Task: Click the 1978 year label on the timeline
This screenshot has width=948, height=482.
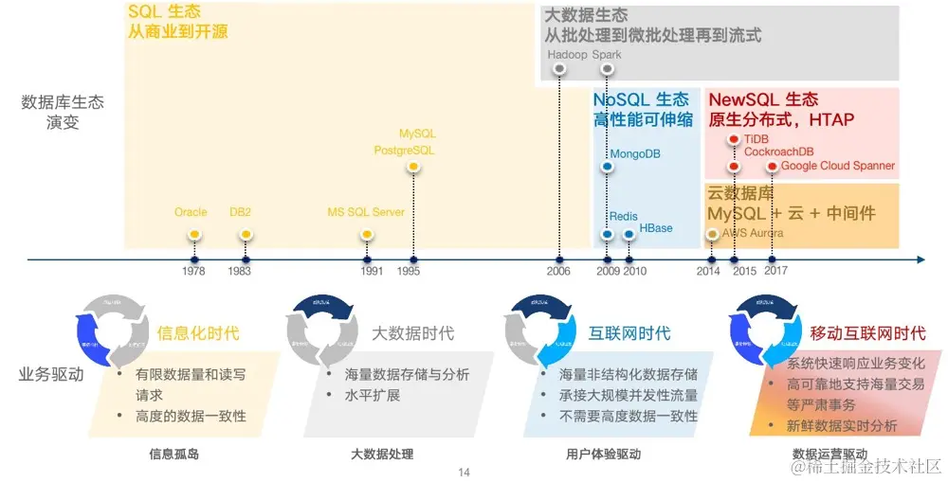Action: point(193,271)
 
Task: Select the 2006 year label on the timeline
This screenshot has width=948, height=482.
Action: point(558,271)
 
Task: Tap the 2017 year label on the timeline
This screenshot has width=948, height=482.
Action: point(775,271)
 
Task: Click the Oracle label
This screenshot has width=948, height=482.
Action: point(191,212)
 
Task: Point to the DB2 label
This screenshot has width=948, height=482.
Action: point(240,212)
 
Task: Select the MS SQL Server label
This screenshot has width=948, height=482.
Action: point(366,212)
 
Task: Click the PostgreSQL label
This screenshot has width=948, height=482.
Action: point(404,150)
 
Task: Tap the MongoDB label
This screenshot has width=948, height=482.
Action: point(634,153)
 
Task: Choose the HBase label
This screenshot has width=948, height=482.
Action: point(655,228)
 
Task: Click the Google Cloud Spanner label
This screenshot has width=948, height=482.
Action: point(838,166)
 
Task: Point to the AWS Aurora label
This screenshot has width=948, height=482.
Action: point(753,232)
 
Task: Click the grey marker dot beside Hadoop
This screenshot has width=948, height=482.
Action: point(558,70)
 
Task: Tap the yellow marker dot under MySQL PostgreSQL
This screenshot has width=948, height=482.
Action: point(412,168)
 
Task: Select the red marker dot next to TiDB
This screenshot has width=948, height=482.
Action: point(733,139)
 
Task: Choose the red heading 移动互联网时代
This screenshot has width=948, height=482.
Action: point(867,333)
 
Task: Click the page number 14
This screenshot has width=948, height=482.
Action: point(464,472)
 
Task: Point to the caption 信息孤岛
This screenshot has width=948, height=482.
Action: point(174,454)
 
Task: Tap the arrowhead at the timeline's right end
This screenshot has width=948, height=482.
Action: point(920,259)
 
